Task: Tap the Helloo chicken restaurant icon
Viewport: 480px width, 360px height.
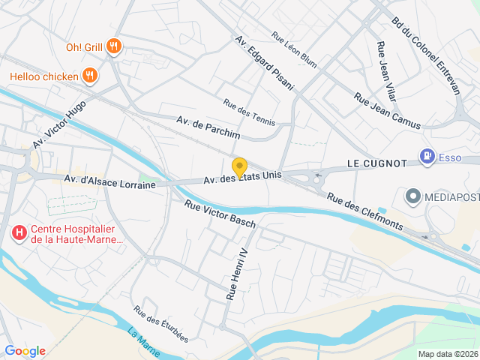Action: pos(89,75)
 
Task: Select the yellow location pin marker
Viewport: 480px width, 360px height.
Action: pos(239,168)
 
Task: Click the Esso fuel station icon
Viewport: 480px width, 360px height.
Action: pos(427,157)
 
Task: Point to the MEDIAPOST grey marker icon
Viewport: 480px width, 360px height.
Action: pos(412,197)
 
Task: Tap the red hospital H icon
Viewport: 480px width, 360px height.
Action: pos(19,234)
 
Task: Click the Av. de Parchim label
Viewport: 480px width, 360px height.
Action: pos(208,127)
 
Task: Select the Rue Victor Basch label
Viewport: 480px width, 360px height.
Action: pos(220,213)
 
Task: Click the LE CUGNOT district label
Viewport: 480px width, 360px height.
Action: pos(376,163)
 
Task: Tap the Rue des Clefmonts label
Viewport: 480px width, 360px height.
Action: pos(365,212)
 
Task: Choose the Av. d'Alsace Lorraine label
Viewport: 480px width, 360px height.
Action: pos(109,181)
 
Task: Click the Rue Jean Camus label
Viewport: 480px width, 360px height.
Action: pos(388,112)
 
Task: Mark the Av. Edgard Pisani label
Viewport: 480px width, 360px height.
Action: pos(264,63)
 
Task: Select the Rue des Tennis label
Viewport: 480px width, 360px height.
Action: pos(249,112)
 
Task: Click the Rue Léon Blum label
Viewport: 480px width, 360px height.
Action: pos(294,49)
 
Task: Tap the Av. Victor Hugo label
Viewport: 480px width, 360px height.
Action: pos(59,124)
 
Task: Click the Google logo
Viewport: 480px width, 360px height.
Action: pos(25,350)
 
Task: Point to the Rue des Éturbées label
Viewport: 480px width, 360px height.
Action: pos(160,323)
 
